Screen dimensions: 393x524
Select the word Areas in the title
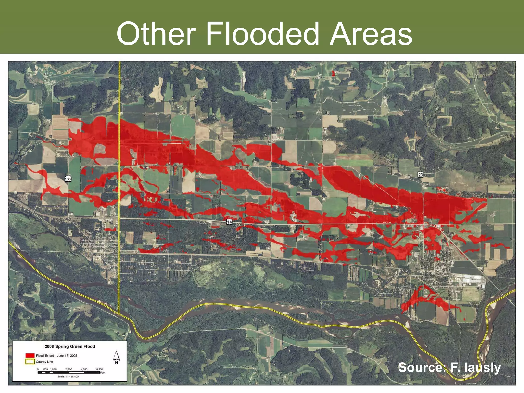371,34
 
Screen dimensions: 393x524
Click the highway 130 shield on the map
68,179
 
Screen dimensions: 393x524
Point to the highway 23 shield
420,175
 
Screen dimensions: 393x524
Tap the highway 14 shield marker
229,222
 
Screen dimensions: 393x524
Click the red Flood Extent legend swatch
30,356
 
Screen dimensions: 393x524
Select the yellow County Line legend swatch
30,362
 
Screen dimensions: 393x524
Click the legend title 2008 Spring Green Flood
70,346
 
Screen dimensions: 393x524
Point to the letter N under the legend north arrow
117,362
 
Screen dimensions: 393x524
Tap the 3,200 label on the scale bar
69,369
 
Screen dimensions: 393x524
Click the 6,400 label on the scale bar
99,369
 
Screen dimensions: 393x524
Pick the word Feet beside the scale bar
103,373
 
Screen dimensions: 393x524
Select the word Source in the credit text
422,368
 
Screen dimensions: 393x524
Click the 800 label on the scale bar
46,369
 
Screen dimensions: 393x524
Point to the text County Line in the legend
45,362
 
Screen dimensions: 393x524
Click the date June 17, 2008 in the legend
67,356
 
